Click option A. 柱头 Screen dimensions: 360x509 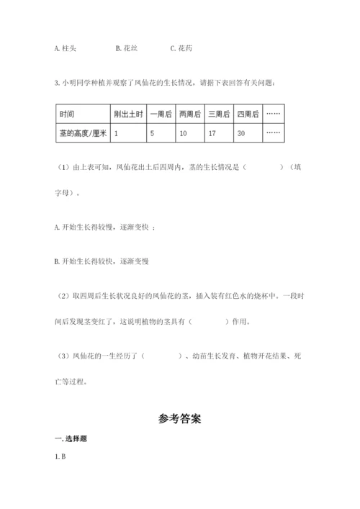(x=65, y=49)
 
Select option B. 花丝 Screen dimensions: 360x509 (x=126, y=49)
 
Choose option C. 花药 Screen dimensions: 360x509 (x=181, y=49)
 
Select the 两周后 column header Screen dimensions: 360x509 (x=190, y=114)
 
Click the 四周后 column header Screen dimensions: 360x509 (x=247, y=114)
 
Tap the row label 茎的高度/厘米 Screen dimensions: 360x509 (x=81, y=133)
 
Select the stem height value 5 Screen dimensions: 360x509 (x=152, y=133)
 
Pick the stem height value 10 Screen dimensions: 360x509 (x=183, y=133)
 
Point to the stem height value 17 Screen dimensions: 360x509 (x=212, y=133)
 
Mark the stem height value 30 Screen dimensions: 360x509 (x=240, y=133)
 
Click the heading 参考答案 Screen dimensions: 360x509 (x=179, y=418)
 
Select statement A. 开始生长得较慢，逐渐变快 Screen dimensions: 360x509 (x=104, y=227)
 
